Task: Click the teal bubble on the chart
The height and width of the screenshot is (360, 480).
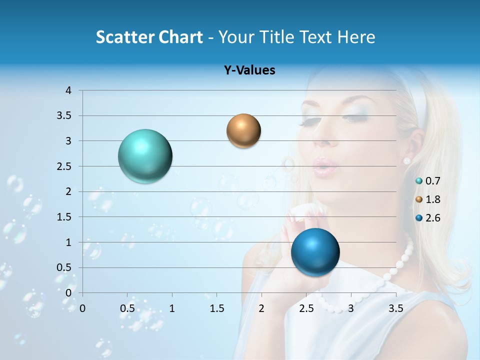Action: click(x=145, y=156)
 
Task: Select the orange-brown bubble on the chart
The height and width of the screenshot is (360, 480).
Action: click(x=243, y=131)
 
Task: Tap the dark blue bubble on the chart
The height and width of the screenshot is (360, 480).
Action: click(x=315, y=252)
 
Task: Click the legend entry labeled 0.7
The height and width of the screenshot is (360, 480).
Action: click(x=427, y=181)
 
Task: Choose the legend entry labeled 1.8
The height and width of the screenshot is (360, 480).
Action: click(x=427, y=199)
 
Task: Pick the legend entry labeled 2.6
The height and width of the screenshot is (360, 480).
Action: click(x=427, y=218)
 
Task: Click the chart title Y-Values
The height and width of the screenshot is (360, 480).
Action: click(x=249, y=70)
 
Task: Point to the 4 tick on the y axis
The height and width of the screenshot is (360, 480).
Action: click(x=68, y=90)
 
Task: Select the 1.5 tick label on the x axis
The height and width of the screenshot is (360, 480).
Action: click(x=216, y=308)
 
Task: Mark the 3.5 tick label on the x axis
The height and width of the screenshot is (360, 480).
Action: click(x=395, y=308)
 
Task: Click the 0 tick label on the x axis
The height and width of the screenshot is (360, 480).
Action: click(x=82, y=308)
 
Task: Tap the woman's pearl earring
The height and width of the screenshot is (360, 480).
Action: click(x=406, y=160)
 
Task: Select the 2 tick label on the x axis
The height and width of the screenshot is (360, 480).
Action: click(x=261, y=308)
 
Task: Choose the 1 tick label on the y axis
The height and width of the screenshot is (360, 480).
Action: click(x=68, y=242)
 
